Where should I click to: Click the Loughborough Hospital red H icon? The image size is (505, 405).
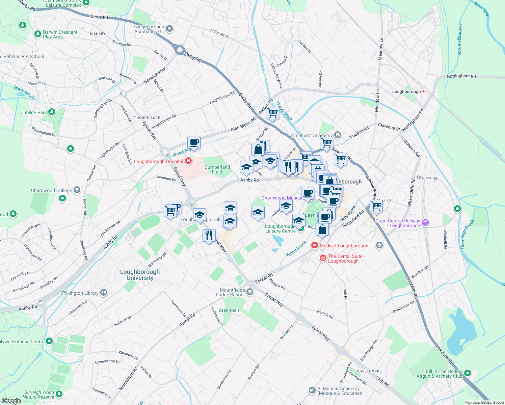(x=188, y=161)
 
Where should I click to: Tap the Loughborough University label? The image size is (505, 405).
(x=140, y=275)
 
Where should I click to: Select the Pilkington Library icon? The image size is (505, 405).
(x=104, y=293)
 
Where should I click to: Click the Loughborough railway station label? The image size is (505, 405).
(x=406, y=91)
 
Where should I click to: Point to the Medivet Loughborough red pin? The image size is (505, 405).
(x=315, y=245)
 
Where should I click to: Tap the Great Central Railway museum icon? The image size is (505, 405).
(x=425, y=222)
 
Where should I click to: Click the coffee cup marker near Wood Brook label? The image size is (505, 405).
(x=194, y=142)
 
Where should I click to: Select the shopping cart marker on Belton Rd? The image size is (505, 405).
(x=272, y=113)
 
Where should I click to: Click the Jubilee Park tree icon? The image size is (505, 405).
(x=52, y=112)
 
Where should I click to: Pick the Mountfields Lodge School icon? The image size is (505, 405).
(x=250, y=292)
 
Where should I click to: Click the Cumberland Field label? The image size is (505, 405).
(x=217, y=169)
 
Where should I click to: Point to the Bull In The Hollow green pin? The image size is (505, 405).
(x=468, y=373)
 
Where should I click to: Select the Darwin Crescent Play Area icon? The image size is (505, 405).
(x=38, y=34)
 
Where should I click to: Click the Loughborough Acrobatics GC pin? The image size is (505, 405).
(x=169, y=29)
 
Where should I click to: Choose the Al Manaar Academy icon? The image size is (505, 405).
(x=312, y=390)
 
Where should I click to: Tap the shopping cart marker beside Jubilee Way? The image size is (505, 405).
(x=376, y=206)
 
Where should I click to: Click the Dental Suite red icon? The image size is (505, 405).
(x=323, y=258)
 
